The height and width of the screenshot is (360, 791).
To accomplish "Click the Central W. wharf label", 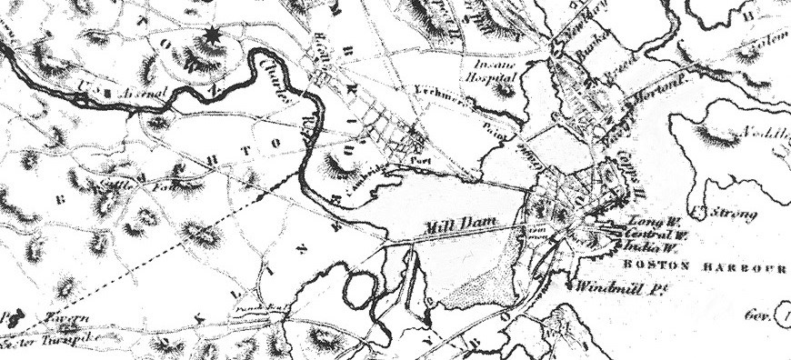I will pyautogui.click(x=655, y=234).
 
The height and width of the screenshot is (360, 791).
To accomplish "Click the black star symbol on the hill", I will pyautogui.click(x=213, y=35).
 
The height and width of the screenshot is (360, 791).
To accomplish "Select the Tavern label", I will pyautogui.click(x=65, y=318).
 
